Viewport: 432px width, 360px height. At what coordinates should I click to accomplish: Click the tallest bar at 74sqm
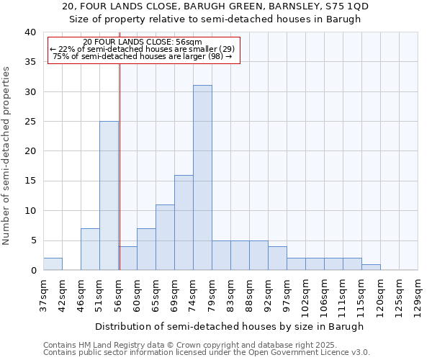click(202, 178)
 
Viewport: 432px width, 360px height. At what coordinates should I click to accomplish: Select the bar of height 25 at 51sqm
click(109, 196)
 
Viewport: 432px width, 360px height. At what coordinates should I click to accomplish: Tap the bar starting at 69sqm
click(184, 222)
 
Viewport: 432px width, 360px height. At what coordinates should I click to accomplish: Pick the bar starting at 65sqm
click(165, 238)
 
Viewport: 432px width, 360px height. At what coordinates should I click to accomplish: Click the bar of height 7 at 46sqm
click(90, 249)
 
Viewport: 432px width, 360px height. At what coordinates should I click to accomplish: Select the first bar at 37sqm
click(53, 264)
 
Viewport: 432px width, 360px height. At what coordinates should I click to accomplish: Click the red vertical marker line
click(120, 166)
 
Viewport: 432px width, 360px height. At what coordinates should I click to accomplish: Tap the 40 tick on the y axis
click(30, 32)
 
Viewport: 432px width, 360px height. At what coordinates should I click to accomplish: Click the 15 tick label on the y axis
click(30, 181)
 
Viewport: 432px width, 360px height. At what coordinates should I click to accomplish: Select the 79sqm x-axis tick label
click(212, 293)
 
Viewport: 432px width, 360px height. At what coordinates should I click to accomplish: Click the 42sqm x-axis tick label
click(62, 293)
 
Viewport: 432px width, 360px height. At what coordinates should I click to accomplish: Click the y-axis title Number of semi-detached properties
click(7, 156)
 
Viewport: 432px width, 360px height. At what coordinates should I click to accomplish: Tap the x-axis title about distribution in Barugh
click(230, 326)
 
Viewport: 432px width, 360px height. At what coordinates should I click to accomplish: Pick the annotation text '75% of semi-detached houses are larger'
click(143, 57)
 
